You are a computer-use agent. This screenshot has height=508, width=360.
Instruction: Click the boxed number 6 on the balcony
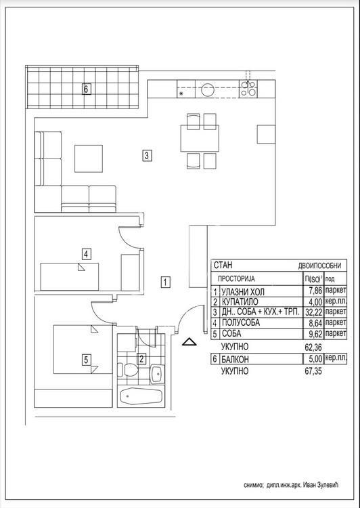click(x=86, y=89)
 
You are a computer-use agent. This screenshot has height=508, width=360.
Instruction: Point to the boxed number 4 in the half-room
click(x=86, y=255)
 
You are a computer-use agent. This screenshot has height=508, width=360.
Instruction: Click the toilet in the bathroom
click(x=129, y=372)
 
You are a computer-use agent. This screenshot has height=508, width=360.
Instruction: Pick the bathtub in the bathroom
click(x=141, y=396)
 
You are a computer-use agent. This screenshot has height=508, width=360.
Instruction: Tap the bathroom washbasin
click(x=156, y=373)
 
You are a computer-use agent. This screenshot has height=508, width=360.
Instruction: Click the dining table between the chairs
click(x=200, y=140)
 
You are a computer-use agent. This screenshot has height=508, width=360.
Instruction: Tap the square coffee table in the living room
click(x=89, y=158)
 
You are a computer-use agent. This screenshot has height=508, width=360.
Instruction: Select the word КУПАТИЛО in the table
click(x=242, y=301)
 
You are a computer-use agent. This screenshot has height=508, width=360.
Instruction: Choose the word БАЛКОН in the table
click(x=240, y=359)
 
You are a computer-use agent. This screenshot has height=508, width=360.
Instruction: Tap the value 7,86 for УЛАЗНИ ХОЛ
click(x=313, y=290)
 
